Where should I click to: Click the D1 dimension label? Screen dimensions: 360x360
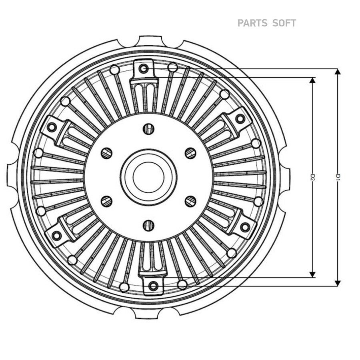338,177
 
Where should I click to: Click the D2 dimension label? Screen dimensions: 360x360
312,177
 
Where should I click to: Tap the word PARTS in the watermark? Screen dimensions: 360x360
252,23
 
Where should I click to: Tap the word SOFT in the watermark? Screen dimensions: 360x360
284,23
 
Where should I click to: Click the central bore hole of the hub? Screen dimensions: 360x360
148,177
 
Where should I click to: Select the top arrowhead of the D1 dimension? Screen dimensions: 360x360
338,72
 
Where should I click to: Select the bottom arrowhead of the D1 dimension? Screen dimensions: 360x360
338,283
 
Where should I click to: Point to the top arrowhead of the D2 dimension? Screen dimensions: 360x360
312,80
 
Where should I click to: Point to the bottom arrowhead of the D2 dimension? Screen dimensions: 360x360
312,274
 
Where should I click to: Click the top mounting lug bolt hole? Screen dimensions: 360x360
144,68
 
